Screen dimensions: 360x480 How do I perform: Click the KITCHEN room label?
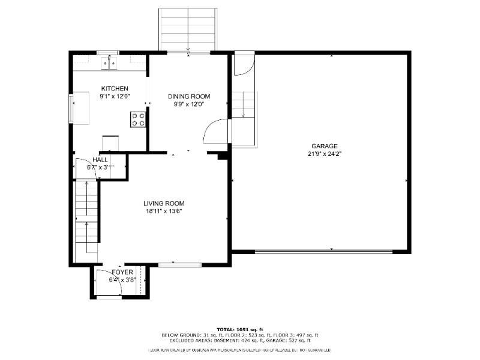point(114,88)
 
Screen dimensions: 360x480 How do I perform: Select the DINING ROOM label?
point(189,96)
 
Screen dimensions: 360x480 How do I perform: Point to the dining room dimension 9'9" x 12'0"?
point(189,104)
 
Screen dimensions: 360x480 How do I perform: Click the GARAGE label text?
point(324,146)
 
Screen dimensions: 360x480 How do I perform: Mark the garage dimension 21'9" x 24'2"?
point(324,154)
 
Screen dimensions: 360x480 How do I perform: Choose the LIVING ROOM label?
point(163,203)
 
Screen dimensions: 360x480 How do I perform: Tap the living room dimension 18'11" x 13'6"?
point(163,211)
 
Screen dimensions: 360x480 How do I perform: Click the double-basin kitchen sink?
point(109,61)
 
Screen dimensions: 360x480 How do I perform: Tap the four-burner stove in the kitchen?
point(138,119)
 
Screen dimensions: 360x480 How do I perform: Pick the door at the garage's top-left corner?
point(243,65)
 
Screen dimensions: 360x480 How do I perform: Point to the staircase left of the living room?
point(86,221)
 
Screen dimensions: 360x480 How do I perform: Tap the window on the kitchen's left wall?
point(71,107)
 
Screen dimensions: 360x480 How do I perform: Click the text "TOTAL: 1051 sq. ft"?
point(240,329)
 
